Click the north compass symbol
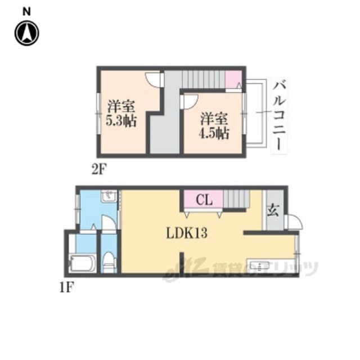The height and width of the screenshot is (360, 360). tap(27, 33)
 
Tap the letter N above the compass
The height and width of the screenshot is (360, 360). tap(26, 11)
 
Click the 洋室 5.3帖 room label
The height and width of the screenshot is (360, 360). tap(121, 113)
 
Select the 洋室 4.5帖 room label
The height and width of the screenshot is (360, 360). tap(214, 125)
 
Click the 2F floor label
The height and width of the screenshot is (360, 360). tap(100, 170)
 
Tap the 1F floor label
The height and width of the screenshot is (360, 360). tap(66, 287)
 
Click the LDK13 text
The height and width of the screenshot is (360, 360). tap(187, 233)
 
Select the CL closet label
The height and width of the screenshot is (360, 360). tap(204, 200)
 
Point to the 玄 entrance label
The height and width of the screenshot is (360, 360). tap(273, 210)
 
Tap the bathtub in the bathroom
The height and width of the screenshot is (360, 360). tap(83, 263)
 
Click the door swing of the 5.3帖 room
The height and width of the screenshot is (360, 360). tap(154, 80)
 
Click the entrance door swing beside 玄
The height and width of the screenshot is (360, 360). tap(295, 222)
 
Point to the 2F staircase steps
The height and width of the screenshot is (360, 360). tap(204, 79)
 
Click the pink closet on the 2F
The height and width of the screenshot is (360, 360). tap(233, 79)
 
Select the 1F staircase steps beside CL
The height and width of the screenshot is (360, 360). tap(236, 199)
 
